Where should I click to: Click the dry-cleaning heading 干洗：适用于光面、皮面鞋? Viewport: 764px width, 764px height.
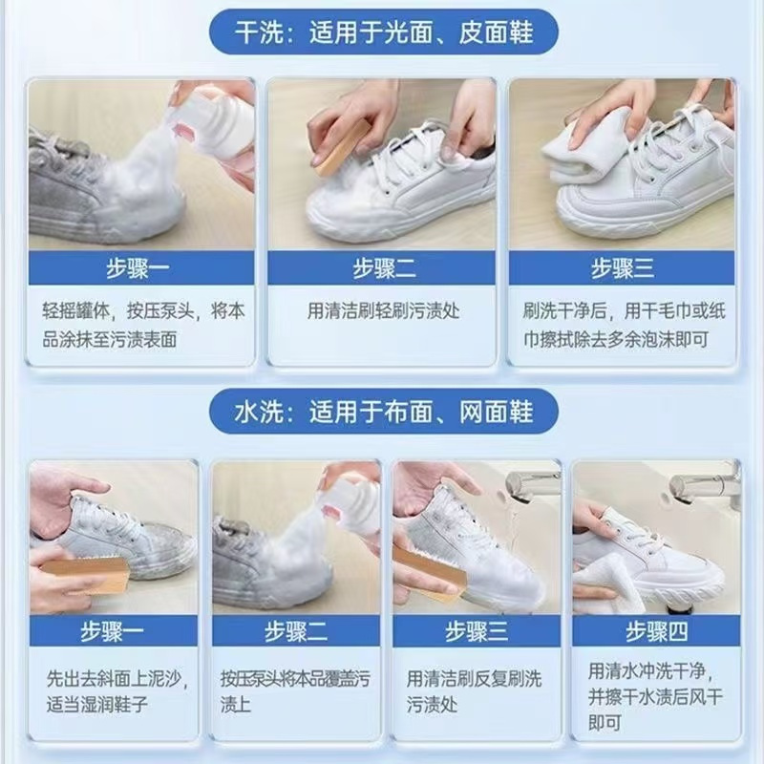click(x=384, y=32)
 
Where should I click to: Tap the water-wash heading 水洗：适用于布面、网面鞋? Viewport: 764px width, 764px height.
click(x=384, y=413)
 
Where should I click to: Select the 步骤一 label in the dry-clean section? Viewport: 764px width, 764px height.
click(x=138, y=268)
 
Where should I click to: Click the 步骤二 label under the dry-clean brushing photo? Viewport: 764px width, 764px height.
click(x=385, y=268)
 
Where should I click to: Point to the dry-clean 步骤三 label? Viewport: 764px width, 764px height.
click(x=623, y=268)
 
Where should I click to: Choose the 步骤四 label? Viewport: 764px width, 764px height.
click(x=657, y=631)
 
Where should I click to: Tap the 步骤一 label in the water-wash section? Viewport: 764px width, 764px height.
click(x=113, y=631)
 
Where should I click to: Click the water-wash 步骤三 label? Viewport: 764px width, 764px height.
click(x=477, y=631)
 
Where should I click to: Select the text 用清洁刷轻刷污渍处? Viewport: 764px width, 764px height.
click(x=384, y=310)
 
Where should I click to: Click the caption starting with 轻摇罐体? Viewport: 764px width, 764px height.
click(x=142, y=325)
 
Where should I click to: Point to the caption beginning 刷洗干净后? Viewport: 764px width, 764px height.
click(x=625, y=325)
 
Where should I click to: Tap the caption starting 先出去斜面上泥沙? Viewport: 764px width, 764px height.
click(x=117, y=691)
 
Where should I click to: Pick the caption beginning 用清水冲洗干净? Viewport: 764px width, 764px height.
click(x=655, y=696)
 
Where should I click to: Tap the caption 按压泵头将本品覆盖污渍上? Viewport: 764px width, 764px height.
click(x=295, y=691)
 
